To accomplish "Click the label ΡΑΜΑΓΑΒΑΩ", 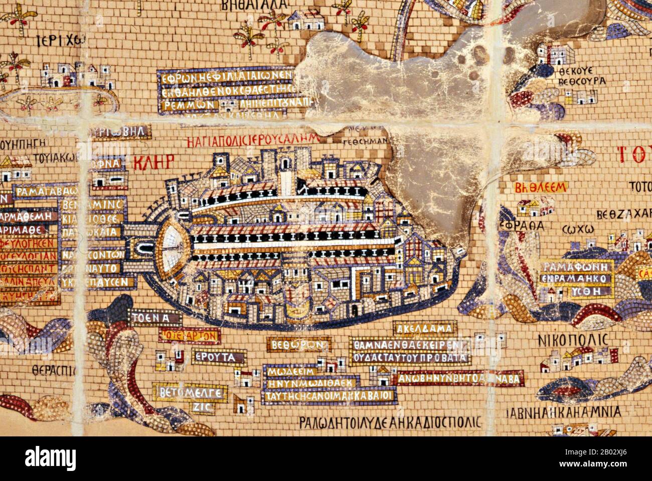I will coord(41,192).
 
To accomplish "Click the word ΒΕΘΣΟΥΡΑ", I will coord(582,81).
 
